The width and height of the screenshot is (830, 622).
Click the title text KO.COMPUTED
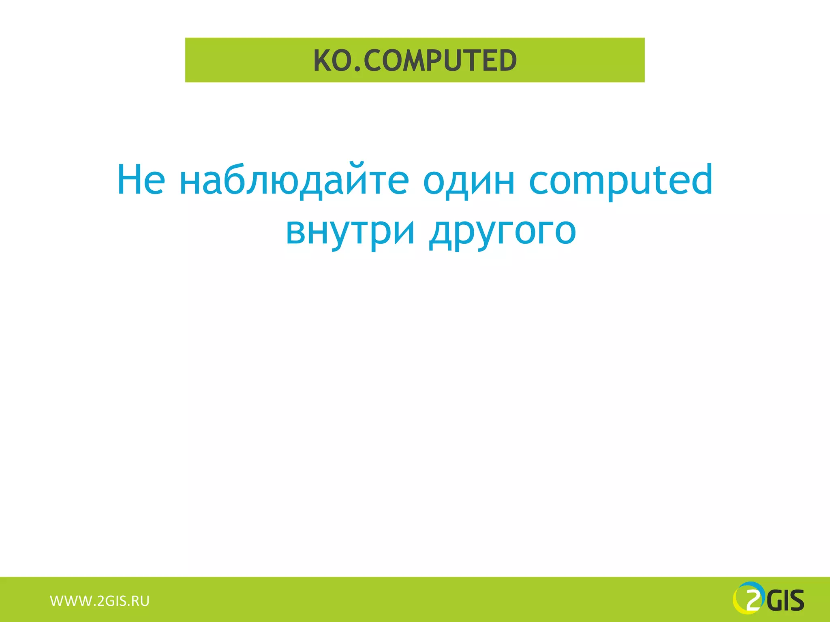(415, 60)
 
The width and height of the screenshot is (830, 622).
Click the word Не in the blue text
(141, 180)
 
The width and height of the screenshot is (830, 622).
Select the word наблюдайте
(294, 180)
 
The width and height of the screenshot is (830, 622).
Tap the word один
(469, 180)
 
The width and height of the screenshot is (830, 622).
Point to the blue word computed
(621, 180)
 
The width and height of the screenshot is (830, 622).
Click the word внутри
(350, 231)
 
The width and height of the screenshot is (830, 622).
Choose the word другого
(503, 231)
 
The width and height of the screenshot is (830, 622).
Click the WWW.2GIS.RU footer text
(100, 601)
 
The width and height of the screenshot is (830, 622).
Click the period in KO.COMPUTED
(357, 70)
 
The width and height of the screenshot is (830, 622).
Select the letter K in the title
(323, 60)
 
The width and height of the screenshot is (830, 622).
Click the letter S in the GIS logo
(796, 601)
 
